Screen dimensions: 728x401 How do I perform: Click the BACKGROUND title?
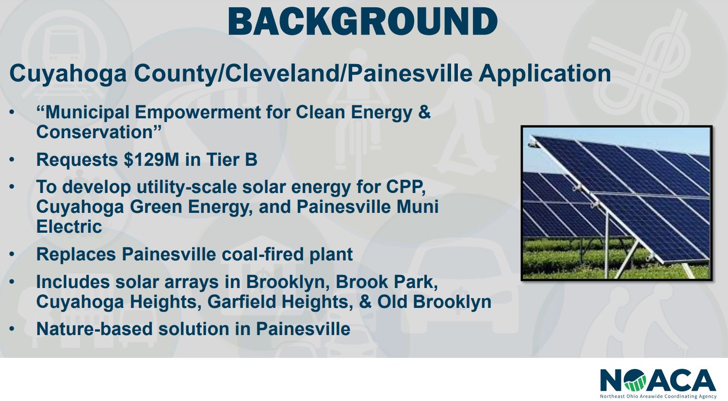tap(363, 21)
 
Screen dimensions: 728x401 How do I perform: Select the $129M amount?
tap(151, 160)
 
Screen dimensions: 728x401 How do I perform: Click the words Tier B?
tap(232, 160)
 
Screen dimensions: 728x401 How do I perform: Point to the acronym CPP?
tap(405, 187)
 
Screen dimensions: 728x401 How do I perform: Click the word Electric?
tap(69, 226)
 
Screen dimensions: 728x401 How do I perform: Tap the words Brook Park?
tap(387, 282)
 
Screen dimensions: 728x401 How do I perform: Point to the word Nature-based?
tap(94, 329)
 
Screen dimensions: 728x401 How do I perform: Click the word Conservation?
tap(95, 132)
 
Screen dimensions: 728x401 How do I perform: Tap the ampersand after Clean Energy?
tap(424, 112)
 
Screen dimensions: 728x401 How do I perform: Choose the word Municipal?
tap(87, 112)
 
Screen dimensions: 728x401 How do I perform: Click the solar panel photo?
tap(616, 203)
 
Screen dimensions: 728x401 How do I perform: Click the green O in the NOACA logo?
tap(635, 381)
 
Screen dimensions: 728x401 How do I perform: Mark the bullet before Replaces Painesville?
tap(12, 254)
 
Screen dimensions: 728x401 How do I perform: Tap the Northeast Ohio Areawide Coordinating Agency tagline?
tap(658, 397)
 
